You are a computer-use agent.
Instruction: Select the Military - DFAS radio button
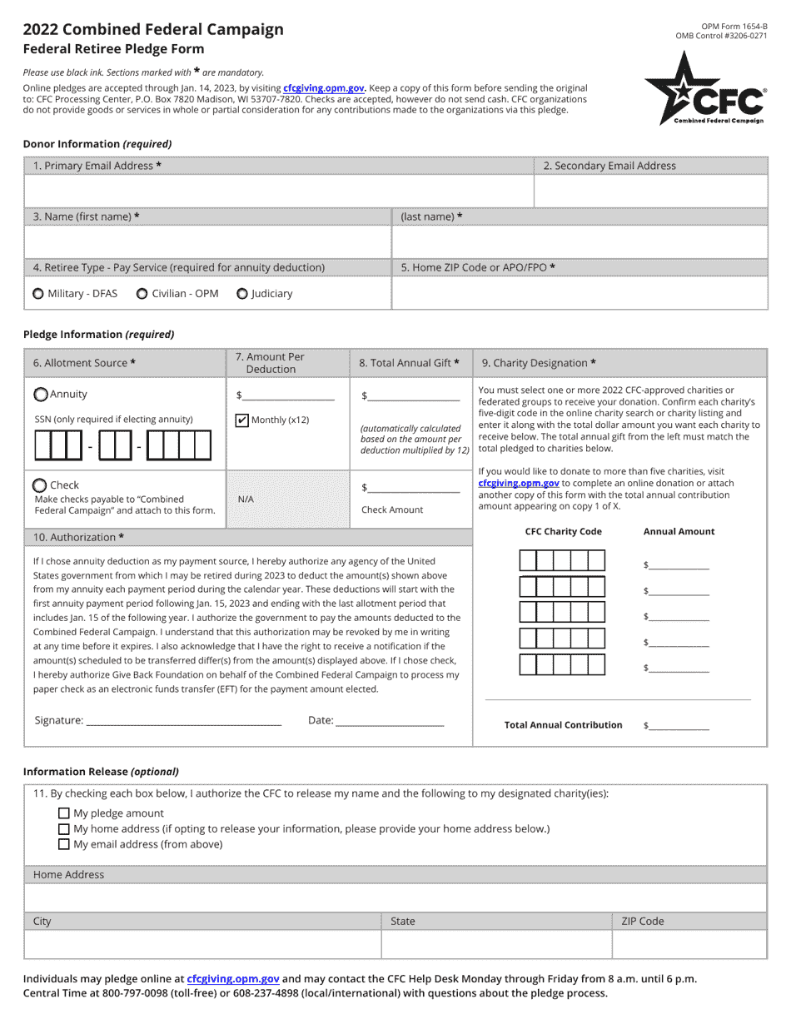click(38, 294)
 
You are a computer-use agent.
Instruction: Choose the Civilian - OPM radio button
click(142, 294)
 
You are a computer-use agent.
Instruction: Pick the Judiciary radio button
click(242, 294)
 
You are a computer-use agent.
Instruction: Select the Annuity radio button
click(41, 395)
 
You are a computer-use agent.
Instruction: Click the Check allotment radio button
click(40, 485)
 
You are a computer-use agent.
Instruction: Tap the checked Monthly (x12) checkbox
click(242, 420)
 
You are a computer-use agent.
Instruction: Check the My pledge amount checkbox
click(64, 813)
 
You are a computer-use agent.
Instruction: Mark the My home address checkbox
click(64, 828)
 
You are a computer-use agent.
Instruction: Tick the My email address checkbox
click(64, 844)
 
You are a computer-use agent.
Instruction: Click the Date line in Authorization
click(390, 721)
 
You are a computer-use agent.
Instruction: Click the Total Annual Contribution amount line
click(679, 726)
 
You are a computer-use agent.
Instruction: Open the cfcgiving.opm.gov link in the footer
click(232, 979)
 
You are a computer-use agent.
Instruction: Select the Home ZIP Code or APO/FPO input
click(579, 293)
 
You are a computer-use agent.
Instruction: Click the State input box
click(496, 945)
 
